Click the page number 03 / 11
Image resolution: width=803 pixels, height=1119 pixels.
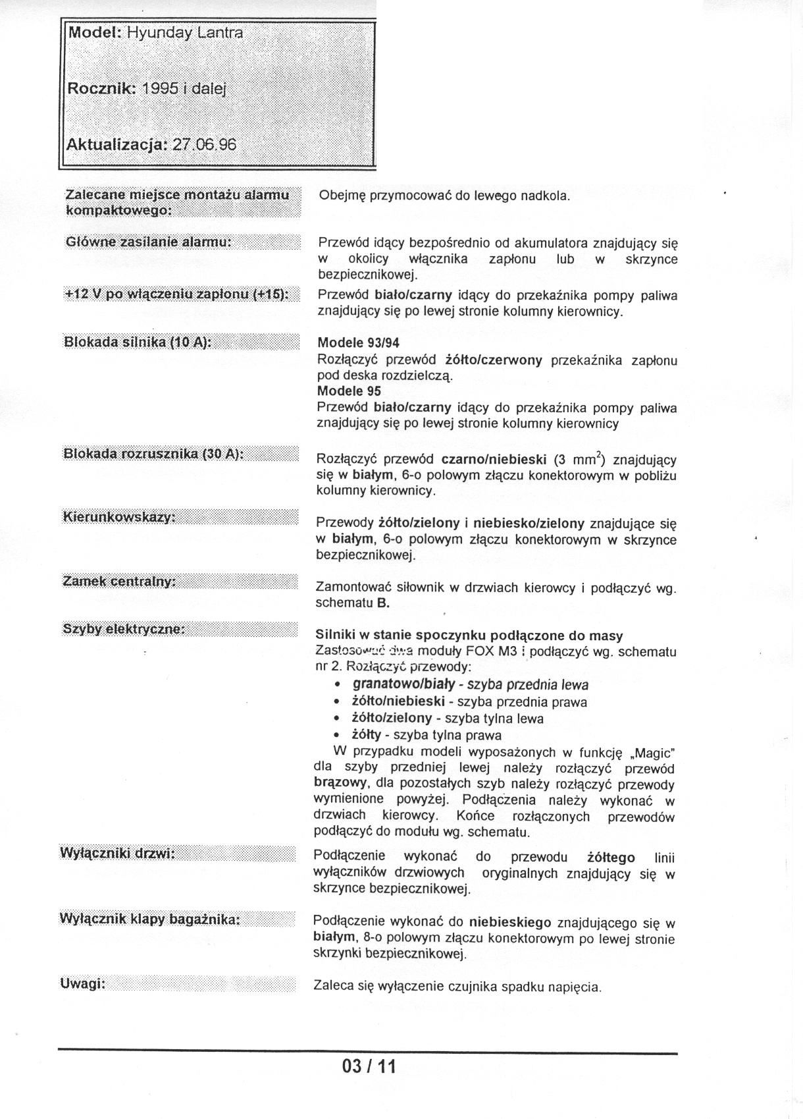click(x=369, y=1066)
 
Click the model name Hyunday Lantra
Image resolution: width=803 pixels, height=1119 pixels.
click(x=184, y=32)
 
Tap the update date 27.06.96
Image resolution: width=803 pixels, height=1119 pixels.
click(x=203, y=144)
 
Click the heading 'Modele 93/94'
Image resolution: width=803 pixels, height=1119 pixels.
click(x=358, y=343)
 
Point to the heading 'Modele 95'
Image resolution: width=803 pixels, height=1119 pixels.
click(x=349, y=391)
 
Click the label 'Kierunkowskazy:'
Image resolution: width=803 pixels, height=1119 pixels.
click(x=118, y=517)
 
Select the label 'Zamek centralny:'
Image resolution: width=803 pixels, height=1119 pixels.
click(x=120, y=582)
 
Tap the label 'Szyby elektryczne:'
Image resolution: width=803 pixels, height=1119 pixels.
click(x=124, y=629)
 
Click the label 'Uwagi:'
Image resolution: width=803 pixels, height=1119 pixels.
click(x=83, y=984)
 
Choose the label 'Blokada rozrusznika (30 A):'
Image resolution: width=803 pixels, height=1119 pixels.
click(x=153, y=454)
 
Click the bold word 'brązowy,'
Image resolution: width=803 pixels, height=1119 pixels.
click(x=336, y=784)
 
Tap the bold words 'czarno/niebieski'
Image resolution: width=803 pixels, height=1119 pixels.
click(x=494, y=460)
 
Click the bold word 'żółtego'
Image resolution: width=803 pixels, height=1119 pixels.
click(x=611, y=858)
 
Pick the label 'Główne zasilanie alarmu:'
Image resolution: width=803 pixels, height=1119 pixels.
click(x=148, y=242)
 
